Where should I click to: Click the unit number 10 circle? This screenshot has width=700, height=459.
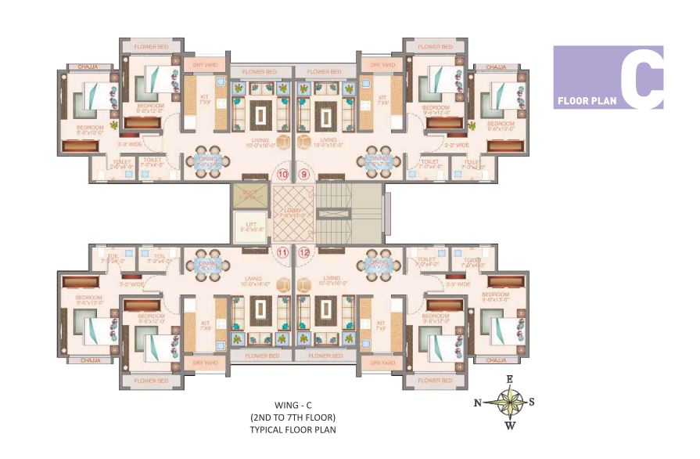point(282,174)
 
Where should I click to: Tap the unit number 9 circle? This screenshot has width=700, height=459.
point(303,174)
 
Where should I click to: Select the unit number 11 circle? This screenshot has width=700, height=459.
point(282,252)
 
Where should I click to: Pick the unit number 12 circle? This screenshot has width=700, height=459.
point(303,252)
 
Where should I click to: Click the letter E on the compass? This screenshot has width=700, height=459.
point(509,379)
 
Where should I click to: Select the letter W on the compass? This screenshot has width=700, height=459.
point(509,426)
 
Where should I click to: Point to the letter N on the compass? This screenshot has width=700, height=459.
point(477,403)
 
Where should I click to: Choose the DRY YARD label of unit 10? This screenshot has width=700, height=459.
point(205,65)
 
